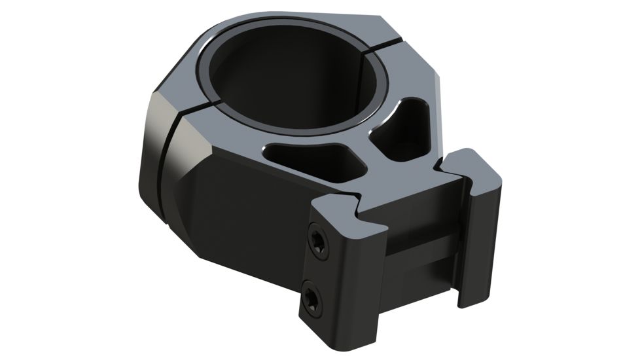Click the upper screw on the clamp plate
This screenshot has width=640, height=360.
317,241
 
